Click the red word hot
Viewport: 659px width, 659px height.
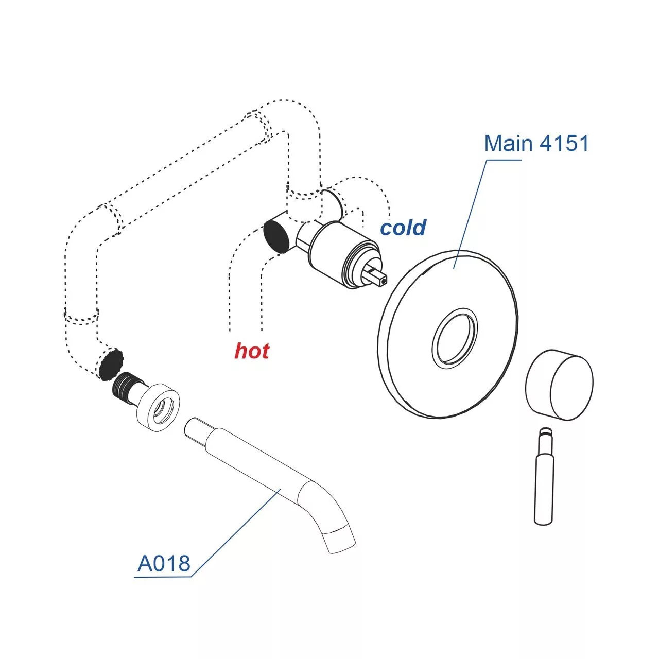252,351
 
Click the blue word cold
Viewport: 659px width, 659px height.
403,228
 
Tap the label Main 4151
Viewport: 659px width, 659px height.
536,143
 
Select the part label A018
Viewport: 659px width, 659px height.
164,564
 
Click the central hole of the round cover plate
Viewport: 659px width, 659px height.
455,339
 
